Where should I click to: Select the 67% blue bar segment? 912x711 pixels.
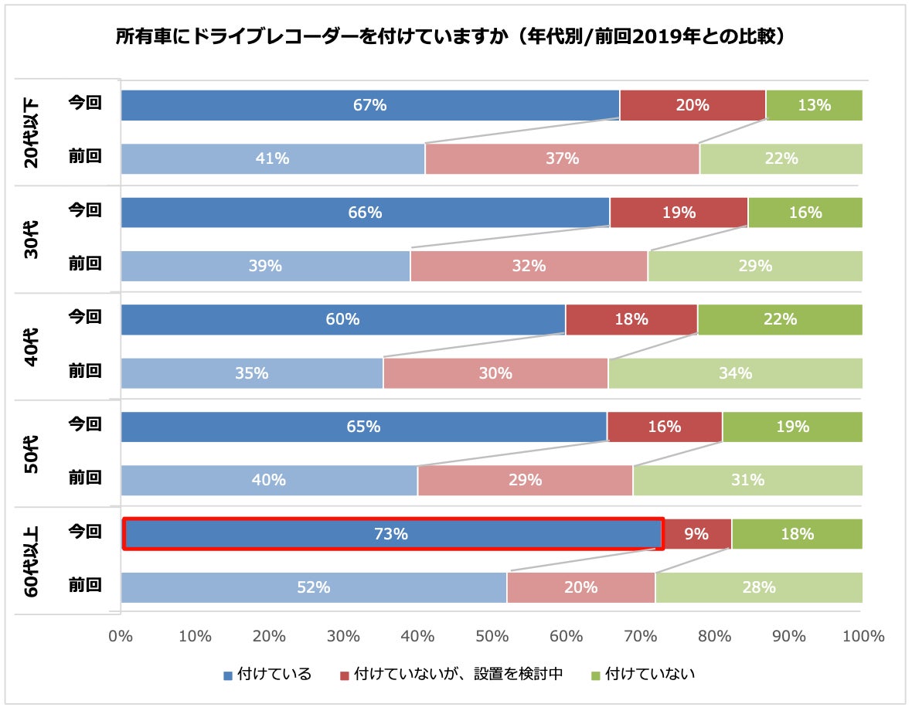369,105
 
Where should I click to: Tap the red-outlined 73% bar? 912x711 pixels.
393,534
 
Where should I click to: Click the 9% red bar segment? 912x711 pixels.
697,534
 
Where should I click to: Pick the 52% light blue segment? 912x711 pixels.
313,587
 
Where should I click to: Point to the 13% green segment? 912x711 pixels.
814,105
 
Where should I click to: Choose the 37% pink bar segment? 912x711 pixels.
562,158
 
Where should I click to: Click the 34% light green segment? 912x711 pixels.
735,373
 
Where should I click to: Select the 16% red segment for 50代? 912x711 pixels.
665,427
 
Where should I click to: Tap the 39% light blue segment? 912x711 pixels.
265,266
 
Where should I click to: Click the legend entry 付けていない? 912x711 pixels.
643,674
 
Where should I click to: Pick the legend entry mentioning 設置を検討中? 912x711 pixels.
451,674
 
